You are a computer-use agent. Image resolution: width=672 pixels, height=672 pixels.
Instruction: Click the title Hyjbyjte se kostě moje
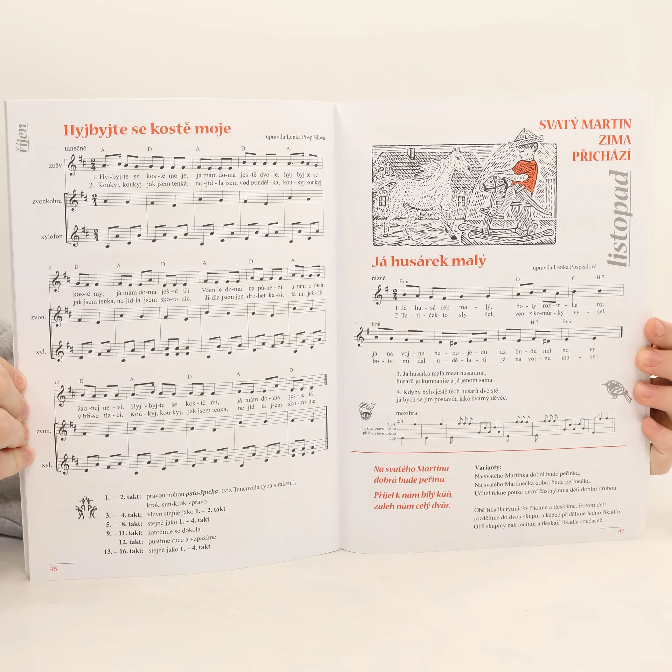pyautogui.click(x=147, y=129)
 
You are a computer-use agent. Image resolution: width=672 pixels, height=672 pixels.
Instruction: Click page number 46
pyautogui.click(x=53, y=569)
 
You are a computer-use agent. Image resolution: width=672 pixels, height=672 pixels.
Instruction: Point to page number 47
pyautogui.click(x=621, y=531)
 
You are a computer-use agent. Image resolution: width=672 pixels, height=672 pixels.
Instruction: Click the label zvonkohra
pyautogui.click(x=47, y=201)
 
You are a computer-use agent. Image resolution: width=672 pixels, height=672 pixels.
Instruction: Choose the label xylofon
pyautogui.click(x=51, y=237)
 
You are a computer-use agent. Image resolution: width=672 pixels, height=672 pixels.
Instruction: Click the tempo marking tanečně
pyautogui.click(x=75, y=148)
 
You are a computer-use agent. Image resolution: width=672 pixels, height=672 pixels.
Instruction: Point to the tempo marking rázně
pyautogui.click(x=378, y=278)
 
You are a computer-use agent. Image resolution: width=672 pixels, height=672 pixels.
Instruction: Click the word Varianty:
pyautogui.click(x=488, y=467)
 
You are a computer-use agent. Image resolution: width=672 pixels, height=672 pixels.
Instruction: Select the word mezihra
pyautogui.click(x=406, y=413)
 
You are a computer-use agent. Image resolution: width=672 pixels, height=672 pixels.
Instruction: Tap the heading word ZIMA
pyautogui.click(x=615, y=140)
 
